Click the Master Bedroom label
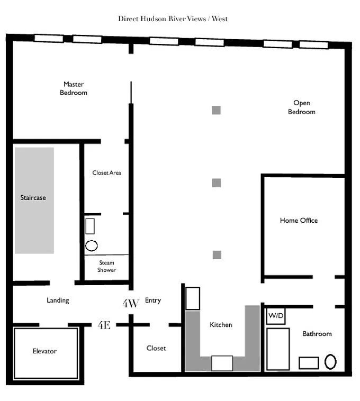(74, 88)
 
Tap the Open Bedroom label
(302, 107)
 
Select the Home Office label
(299, 221)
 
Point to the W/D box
(276, 316)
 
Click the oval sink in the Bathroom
(330, 362)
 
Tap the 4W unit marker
(131, 304)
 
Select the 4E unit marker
(104, 325)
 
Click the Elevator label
(45, 351)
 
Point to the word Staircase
(33, 198)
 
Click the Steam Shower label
(107, 266)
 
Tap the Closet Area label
(107, 173)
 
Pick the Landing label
(58, 300)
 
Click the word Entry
(153, 300)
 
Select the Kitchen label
(221, 325)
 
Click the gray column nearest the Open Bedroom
(216, 110)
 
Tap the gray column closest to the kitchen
(217, 255)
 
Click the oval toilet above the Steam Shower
(92, 246)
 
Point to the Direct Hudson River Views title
(173, 19)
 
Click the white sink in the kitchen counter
(222, 363)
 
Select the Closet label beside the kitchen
(156, 348)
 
